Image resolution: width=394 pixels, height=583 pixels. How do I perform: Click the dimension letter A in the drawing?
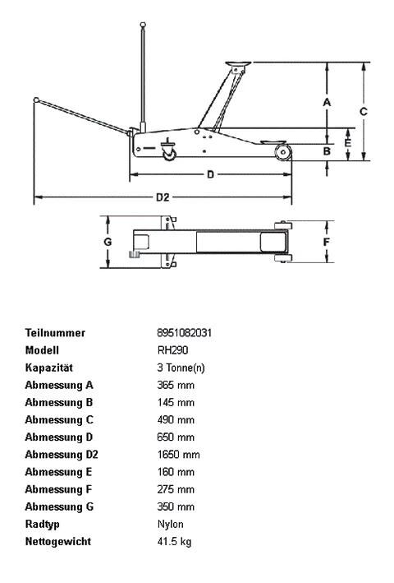pyautogui.click(x=326, y=102)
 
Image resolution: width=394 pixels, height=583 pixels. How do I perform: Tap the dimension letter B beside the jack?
pyautogui.click(x=326, y=150)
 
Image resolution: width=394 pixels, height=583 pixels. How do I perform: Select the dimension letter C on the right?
pyautogui.click(x=363, y=110)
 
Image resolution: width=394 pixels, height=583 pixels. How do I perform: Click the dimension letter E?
pyautogui.click(x=348, y=143)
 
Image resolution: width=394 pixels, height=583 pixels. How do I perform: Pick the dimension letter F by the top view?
pyautogui.click(x=326, y=243)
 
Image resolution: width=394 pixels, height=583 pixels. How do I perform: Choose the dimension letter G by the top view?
pyautogui.click(x=108, y=242)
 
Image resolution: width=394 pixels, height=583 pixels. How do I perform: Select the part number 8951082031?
pyautogui.click(x=184, y=333)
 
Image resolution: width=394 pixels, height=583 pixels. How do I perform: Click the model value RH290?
pyautogui.click(x=170, y=350)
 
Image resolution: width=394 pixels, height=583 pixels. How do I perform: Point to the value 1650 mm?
pyautogui.click(x=178, y=455)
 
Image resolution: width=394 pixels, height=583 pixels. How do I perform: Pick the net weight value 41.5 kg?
pyautogui.click(x=174, y=542)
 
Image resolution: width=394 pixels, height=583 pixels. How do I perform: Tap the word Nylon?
pyautogui.click(x=170, y=525)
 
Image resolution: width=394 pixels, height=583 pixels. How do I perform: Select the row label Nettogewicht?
pyautogui.click(x=57, y=542)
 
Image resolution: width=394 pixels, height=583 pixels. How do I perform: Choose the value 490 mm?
pyautogui.click(x=176, y=420)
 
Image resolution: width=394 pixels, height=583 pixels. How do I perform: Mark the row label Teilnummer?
pyautogui.click(x=55, y=333)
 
